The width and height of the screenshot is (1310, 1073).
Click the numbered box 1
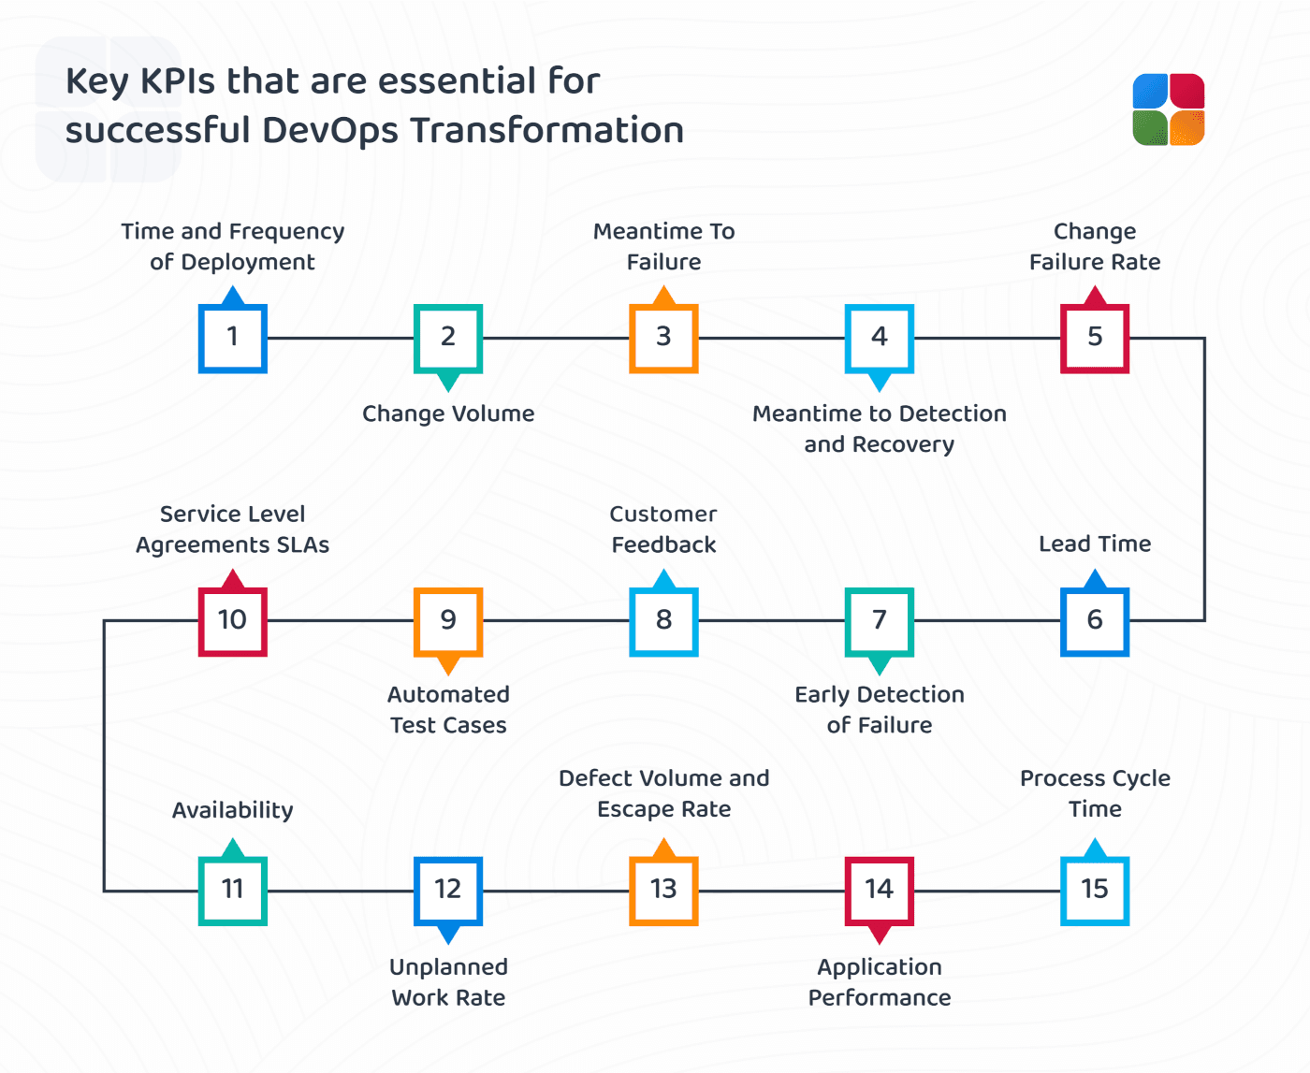pyautogui.click(x=233, y=338)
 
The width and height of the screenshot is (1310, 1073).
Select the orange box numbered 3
pyautogui.click(x=663, y=338)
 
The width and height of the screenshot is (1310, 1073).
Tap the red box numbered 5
pyautogui.click(x=1095, y=338)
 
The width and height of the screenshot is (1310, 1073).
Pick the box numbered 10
pyautogui.click(x=233, y=621)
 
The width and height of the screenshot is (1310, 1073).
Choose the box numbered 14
pyautogui.click(x=880, y=891)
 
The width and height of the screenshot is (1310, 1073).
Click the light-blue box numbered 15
pyautogui.click(x=1095, y=891)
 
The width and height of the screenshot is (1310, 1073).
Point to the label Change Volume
pyautogui.click(x=448, y=413)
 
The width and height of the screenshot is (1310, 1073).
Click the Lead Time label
pyautogui.click(x=1095, y=544)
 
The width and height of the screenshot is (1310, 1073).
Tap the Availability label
pyautogui.click(x=233, y=810)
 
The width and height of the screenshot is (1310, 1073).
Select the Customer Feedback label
pyautogui.click(x=663, y=529)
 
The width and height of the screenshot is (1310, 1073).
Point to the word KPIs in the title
pyautogui.click(x=178, y=81)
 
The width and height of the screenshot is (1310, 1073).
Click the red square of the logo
pyautogui.click(x=1187, y=91)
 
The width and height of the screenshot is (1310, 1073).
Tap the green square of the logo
pyautogui.click(x=1150, y=128)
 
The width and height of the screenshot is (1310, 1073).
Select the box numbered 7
pyautogui.click(x=880, y=621)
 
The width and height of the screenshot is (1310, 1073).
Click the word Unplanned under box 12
pyautogui.click(x=448, y=967)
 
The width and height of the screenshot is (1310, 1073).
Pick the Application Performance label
pyautogui.click(x=880, y=982)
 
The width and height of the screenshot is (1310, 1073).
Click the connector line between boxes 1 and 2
pyautogui.click(x=341, y=338)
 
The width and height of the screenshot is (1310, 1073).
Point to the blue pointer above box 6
pyautogui.click(x=1095, y=579)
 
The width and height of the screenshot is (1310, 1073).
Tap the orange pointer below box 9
pyautogui.click(x=448, y=665)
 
